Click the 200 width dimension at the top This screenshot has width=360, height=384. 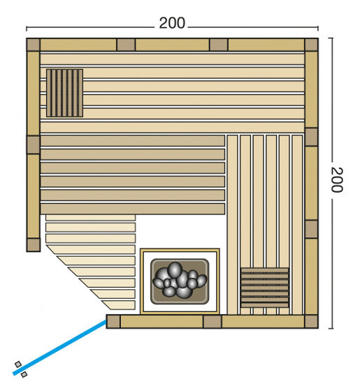pos(172,23)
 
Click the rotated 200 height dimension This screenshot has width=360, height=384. pos(337,179)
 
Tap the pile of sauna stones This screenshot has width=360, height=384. pos(180,280)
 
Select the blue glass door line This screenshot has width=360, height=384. pos(59,347)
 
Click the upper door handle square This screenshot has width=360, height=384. pos(18,364)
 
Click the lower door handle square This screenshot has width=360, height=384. pos(24,374)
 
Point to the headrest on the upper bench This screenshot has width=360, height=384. pos(65,93)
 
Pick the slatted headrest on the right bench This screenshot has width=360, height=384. pos(265,288)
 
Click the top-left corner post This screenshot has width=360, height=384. pos(33,45)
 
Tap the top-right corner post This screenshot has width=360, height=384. pos(312,45)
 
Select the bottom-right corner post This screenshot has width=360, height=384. pos(312,322)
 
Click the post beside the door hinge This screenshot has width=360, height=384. pos(113,322)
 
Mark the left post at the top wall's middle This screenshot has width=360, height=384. pos(126,45)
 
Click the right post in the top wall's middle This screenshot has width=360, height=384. pos(219,45)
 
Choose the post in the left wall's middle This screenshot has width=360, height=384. pos(33,145)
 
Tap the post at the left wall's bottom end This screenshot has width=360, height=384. pos(34,244)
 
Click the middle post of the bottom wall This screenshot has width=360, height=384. pos(213,322)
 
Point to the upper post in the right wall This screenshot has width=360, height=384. pos(312,137)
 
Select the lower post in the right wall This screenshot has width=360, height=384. pos(312,229)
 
